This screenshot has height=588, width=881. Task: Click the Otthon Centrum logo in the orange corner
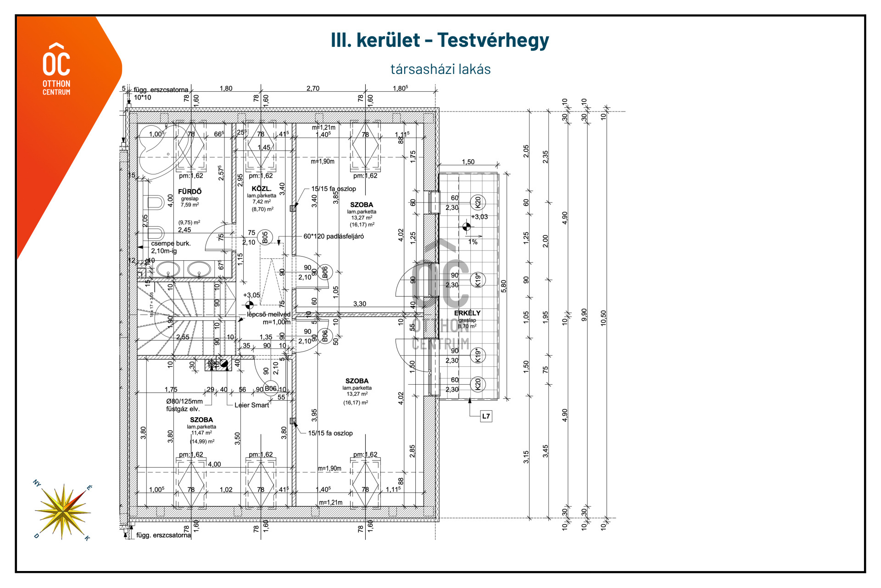(x=56, y=69)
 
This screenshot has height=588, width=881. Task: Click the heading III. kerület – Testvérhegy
(x=440, y=40)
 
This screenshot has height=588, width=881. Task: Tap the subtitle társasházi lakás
(x=440, y=69)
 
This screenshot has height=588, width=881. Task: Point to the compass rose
(x=62, y=510)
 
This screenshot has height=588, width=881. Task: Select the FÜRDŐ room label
(x=190, y=191)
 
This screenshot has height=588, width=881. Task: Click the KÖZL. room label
(x=262, y=189)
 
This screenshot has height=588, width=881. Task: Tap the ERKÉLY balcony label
(x=467, y=313)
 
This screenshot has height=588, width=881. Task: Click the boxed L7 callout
(x=486, y=416)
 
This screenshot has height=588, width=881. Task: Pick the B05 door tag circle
(x=265, y=237)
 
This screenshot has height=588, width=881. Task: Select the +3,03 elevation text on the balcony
(x=480, y=217)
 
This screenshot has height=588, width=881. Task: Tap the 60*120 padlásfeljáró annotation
(x=334, y=236)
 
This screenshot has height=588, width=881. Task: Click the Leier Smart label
(x=251, y=405)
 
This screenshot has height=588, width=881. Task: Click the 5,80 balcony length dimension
(x=504, y=286)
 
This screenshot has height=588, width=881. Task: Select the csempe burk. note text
(x=171, y=244)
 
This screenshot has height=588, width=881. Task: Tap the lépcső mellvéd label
(x=268, y=314)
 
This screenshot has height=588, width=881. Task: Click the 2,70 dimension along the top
(x=313, y=89)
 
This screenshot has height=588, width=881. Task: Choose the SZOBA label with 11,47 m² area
(x=201, y=420)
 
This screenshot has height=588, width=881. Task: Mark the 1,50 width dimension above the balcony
(x=468, y=162)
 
